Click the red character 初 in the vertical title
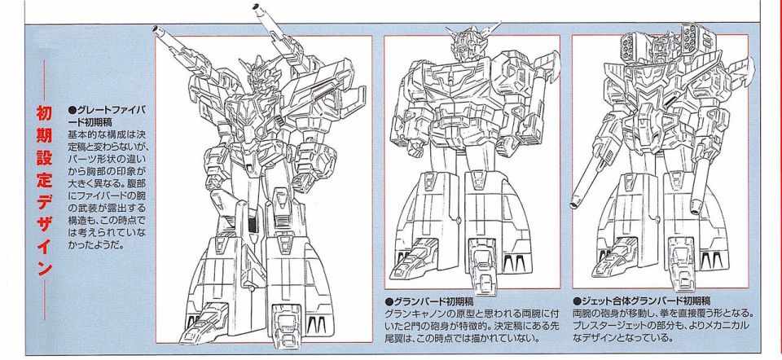pos(44,114)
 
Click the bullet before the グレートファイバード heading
pos(71,109)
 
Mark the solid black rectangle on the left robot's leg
pos(253,225)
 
